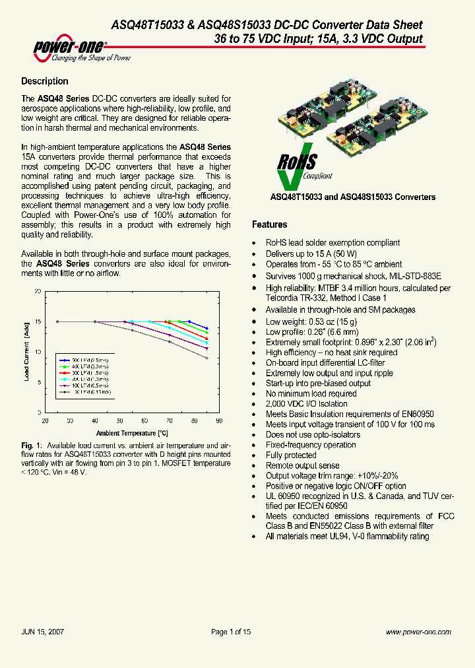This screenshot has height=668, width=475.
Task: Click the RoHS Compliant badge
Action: pyautogui.click(x=300, y=168)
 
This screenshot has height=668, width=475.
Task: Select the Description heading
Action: pyautogui.click(x=45, y=81)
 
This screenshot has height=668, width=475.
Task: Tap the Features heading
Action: pyautogui.click(x=270, y=224)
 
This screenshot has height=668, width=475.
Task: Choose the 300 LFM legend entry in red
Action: pyautogui.click(x=83, y=372)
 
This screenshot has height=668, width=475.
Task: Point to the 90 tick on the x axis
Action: pyautogui.click(x=219, y=420)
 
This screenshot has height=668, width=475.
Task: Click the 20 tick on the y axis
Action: pyautogui.click(x=38, y=291)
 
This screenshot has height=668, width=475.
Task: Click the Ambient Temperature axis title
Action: pyautogui.click(x=132, y=433)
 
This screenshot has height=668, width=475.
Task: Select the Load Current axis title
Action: pyautogui.click(x=27, y=352)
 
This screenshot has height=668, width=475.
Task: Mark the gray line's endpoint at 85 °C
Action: pyautogui.click(x=207, y=358)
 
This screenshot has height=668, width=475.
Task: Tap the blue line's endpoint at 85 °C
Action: pyautogui.click(x=207, y=328)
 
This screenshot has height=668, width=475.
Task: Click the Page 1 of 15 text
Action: pyautogui.click(x=231, y=632)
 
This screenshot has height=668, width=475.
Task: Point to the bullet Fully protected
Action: pyautogui.click(x=291, y=455)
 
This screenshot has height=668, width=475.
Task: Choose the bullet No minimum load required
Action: pyautogui.click(x=311, y=393)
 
